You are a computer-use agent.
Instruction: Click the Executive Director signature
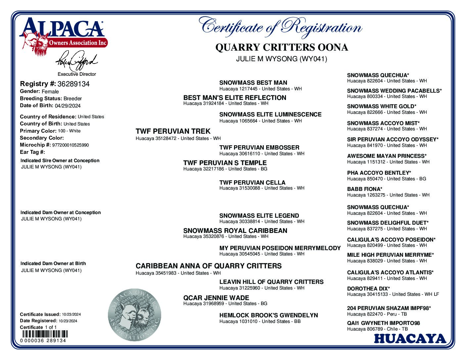(76, 61)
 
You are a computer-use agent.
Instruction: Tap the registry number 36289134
(73, 84)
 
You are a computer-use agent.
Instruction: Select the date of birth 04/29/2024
(68, 106)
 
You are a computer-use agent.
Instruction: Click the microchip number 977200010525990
(70, 145)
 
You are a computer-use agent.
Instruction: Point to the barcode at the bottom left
(44, 334)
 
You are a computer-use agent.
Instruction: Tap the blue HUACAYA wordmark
(410, 339)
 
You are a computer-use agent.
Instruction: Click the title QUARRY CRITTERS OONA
(282, 48)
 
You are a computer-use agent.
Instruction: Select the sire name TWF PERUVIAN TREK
(173, 131)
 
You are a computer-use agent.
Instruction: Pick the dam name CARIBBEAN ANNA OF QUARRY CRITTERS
(209, 266)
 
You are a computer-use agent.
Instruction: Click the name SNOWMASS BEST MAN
(253, 83)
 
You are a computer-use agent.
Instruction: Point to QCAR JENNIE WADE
(211, 298)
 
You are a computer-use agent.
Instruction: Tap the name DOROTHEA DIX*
(368, 289)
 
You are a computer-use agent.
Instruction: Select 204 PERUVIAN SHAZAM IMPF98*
(389, 308)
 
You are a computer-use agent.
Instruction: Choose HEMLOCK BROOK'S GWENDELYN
(268, 315)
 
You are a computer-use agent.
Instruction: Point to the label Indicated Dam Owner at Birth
(53, 264)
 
